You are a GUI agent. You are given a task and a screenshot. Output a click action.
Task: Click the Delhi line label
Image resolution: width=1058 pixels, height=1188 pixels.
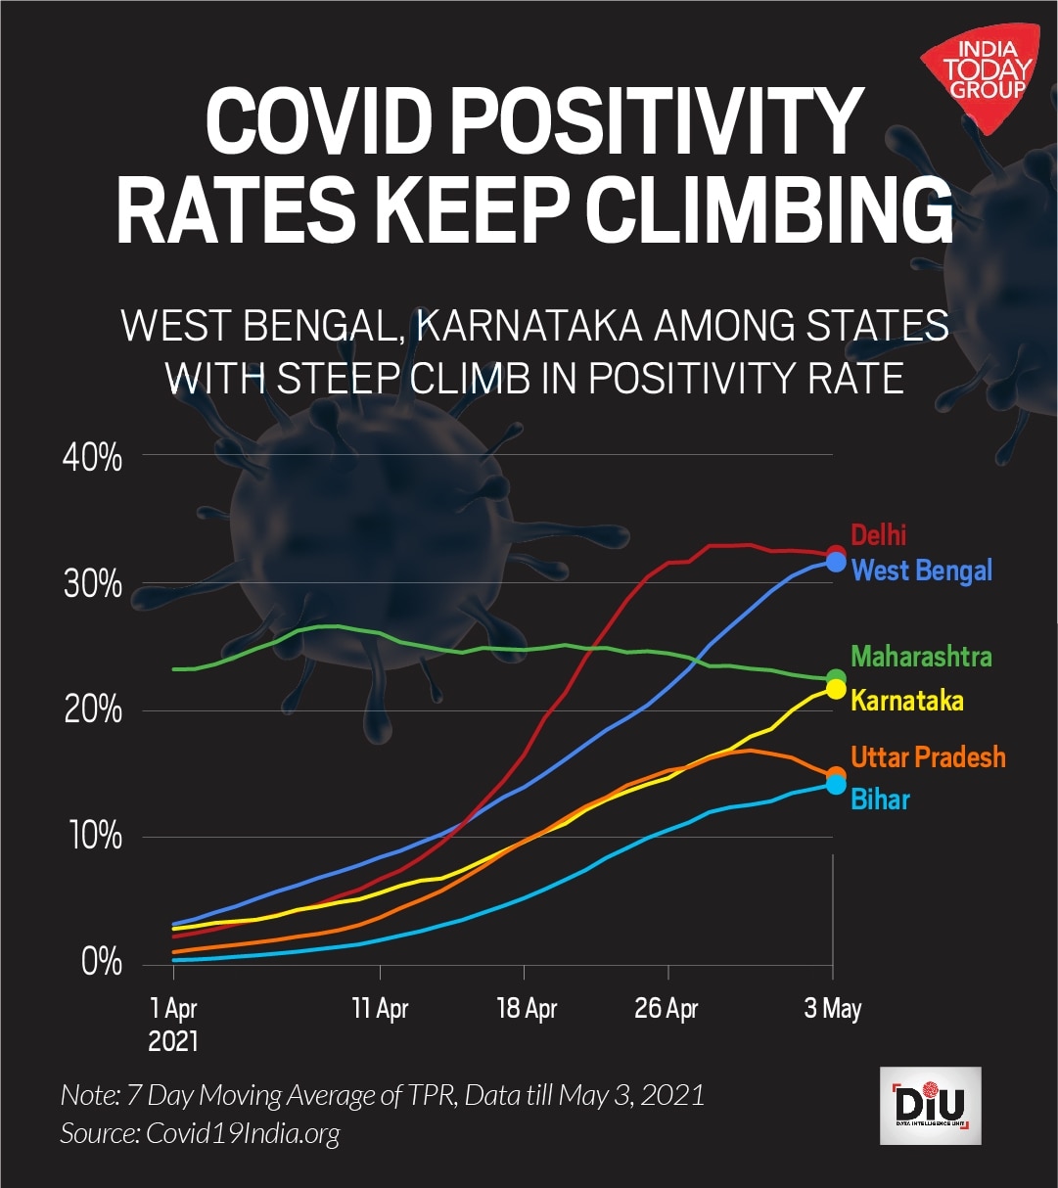[x=878, y=534]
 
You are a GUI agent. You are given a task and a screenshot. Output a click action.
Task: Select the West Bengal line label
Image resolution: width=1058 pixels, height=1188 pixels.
[x=922, y=570]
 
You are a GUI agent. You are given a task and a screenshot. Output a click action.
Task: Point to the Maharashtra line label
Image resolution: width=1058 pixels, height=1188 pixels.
[x=921, y=656]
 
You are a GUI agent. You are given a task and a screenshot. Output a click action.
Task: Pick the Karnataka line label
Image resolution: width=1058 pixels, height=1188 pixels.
[x=906, y=701]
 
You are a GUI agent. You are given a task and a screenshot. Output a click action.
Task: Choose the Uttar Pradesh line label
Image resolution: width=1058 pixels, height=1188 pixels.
[x=928, y=756]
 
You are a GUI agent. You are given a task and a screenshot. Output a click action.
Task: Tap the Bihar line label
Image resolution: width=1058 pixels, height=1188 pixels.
[x=880, y=800]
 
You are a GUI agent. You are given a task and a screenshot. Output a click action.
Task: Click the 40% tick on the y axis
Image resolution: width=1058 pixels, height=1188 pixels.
[x=93, y=457]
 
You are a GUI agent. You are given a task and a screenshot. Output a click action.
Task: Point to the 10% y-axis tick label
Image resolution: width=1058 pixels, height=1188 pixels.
[x=93, y=838]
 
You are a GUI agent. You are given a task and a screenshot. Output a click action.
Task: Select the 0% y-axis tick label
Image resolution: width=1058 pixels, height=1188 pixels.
[x=101, y=962]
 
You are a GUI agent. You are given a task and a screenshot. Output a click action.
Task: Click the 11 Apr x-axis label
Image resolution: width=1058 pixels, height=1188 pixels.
[x=380, y=1008]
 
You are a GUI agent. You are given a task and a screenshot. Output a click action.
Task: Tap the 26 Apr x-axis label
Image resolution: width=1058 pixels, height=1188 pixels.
[x=667, y=1008]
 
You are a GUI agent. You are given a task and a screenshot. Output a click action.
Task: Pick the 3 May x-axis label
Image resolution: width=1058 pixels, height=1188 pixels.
[x=833, y=1008]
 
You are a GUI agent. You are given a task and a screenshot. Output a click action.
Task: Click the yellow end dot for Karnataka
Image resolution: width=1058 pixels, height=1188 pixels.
[x=836, y=689]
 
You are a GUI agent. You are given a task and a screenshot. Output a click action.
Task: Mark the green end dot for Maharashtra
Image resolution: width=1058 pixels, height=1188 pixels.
[x=836, y=677]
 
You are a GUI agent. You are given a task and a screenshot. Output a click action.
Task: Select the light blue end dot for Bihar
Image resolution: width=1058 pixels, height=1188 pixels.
[x=836, y=784]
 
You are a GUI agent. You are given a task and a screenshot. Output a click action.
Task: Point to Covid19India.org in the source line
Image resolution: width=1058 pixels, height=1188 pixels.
[x=243, y=1133]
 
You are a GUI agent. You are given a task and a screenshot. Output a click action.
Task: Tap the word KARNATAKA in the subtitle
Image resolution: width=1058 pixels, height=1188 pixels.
[x=528, y=326]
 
